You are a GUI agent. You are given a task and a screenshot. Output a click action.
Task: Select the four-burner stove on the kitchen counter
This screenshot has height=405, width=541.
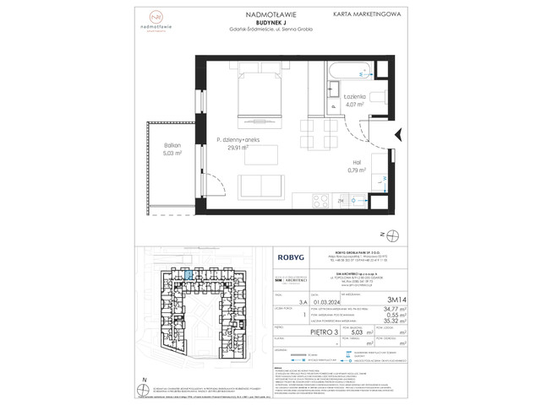(320, 202)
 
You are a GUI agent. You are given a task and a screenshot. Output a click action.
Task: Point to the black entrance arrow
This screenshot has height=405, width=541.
(398, 132)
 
